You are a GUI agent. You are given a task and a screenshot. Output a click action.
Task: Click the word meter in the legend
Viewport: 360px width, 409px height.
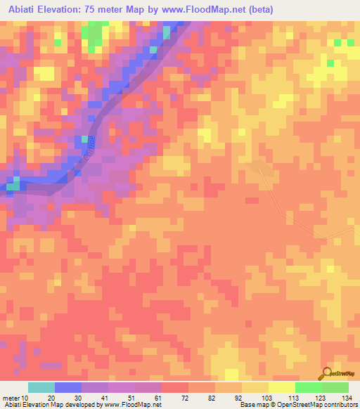(x=12, y=398)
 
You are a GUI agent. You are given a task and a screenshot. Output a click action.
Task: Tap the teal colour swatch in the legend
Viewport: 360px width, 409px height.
(x=41, y=387)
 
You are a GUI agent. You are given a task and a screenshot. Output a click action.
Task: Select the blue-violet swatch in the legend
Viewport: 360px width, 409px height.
(x=68, y=387)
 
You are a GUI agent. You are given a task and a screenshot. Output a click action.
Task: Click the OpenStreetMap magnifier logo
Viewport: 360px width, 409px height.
(x=326, y=375)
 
